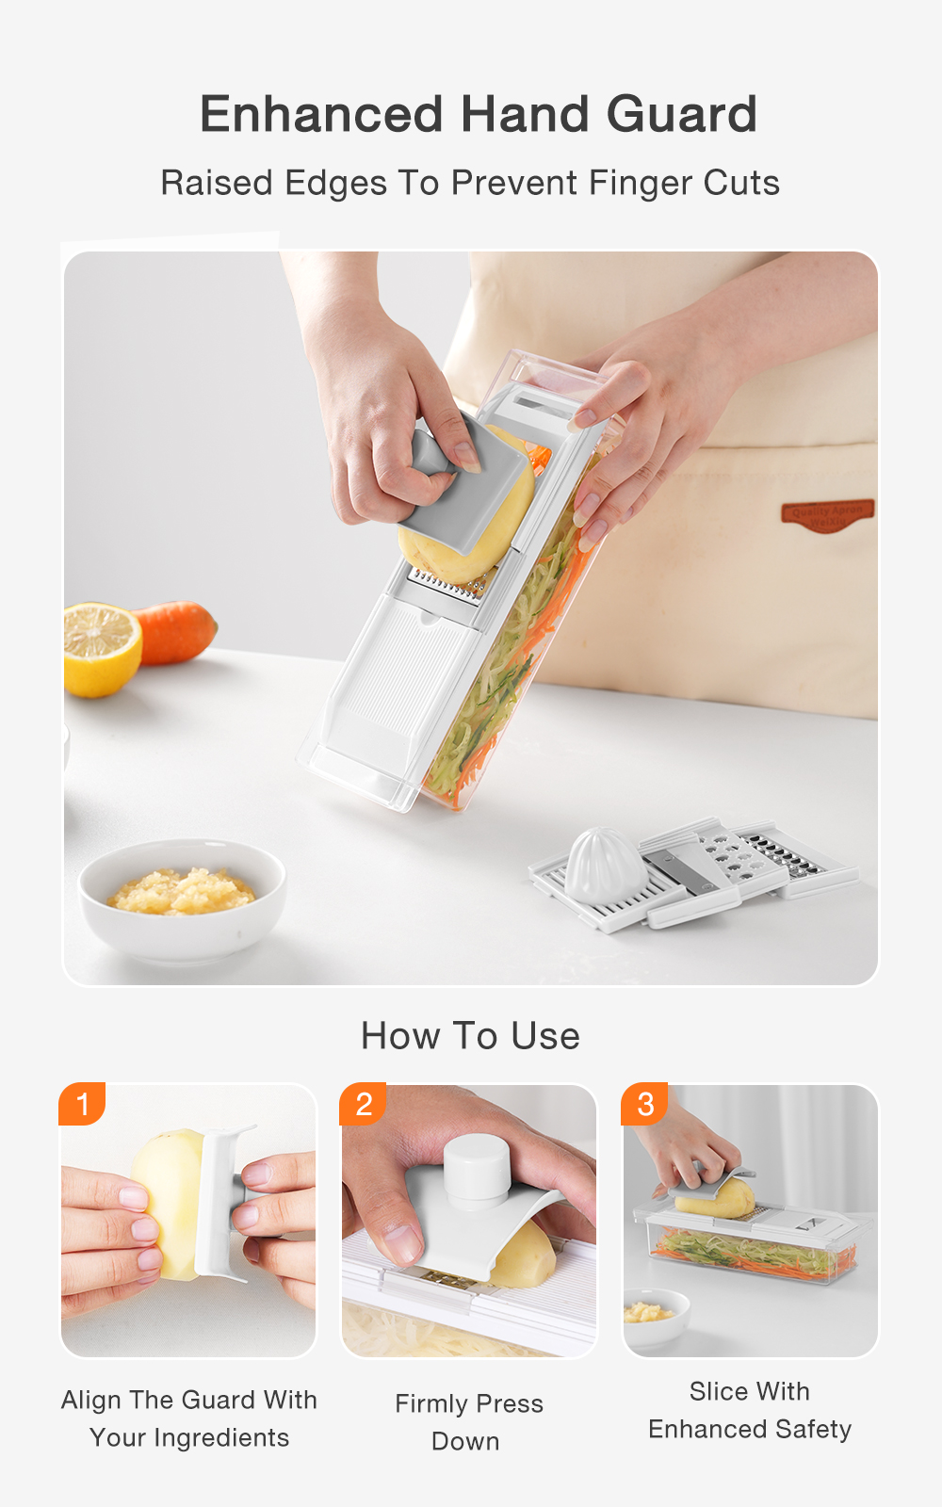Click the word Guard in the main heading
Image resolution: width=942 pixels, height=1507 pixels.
point(681,115)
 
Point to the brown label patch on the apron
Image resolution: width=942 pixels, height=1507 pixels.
point(827,514)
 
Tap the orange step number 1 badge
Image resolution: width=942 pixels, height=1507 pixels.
point(82,1104)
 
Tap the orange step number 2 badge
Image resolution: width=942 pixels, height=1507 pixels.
point(364,1104)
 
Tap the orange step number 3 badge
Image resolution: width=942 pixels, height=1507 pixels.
point(645,1104)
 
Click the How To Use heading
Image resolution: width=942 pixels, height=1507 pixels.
point(470,1036)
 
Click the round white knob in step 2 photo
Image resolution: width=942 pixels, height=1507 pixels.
point(477,1168)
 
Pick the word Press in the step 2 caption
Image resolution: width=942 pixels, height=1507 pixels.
point(510,1404)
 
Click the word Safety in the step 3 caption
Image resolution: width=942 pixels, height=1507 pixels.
point(814,1430)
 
